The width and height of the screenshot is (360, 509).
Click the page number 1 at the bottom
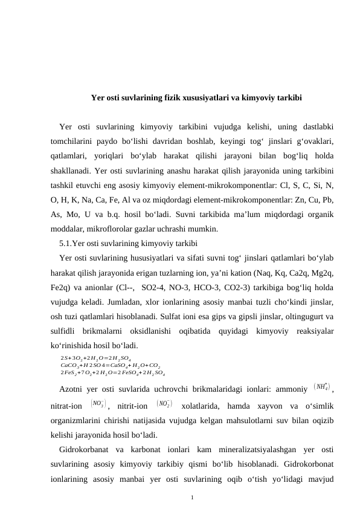[x=191, y=498]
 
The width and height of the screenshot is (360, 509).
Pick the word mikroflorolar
[x=114, y=230]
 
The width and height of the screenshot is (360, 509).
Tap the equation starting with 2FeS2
[x=113, y=372]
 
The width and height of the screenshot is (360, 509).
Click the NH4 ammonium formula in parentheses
[x=322, y=386]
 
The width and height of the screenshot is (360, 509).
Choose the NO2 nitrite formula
[x=163, y=403]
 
